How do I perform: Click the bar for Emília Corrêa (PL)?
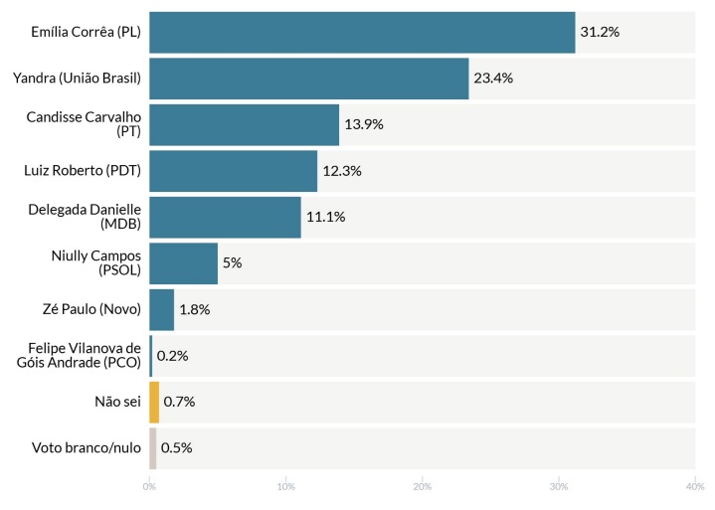pos(362,32)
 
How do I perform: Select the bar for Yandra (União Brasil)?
pos(308,79)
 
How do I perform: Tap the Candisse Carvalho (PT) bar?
pos(244,124)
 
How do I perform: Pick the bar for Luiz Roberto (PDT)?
pos(233,171)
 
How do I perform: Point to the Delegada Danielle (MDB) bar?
pos(225,217)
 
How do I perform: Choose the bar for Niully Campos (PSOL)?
pos(183,263)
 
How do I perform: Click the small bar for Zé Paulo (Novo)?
pos(161,309)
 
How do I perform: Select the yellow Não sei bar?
pos(154,402)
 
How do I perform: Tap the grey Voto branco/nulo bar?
pos(153,447)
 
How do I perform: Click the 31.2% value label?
pos(600,32)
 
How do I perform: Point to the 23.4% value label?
pos(493,79)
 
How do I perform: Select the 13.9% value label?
pos(364,124)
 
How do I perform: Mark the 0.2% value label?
pos(172,356)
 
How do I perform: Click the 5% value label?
pos(232,263)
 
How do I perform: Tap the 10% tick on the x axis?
pos(285,487)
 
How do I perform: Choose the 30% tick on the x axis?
pos(559,487)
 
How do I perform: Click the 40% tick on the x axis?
pos(694,487)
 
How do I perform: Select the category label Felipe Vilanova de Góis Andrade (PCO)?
pos(85,356)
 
